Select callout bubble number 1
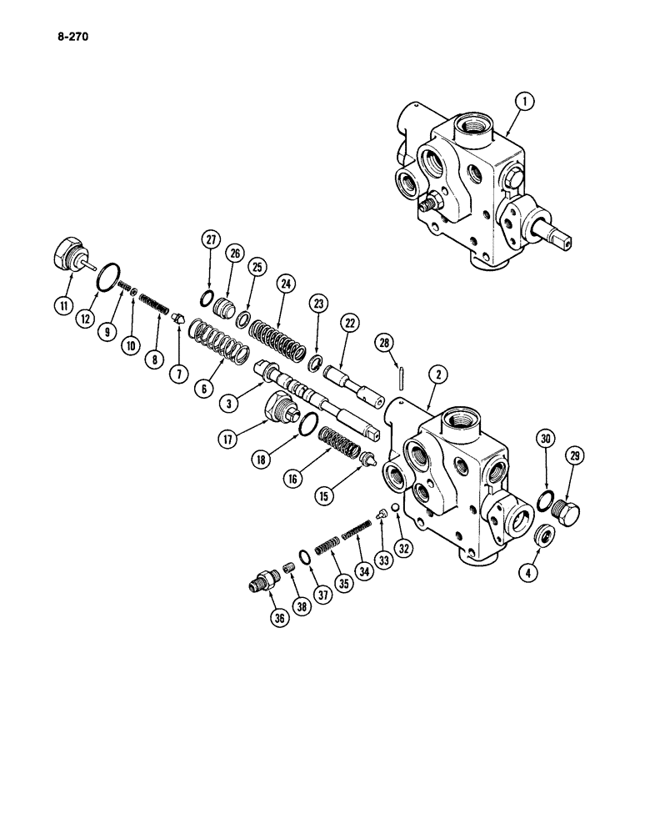pyautogui.click(x=523, y=103)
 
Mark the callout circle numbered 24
pyautogui.click(x=287, y=285)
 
